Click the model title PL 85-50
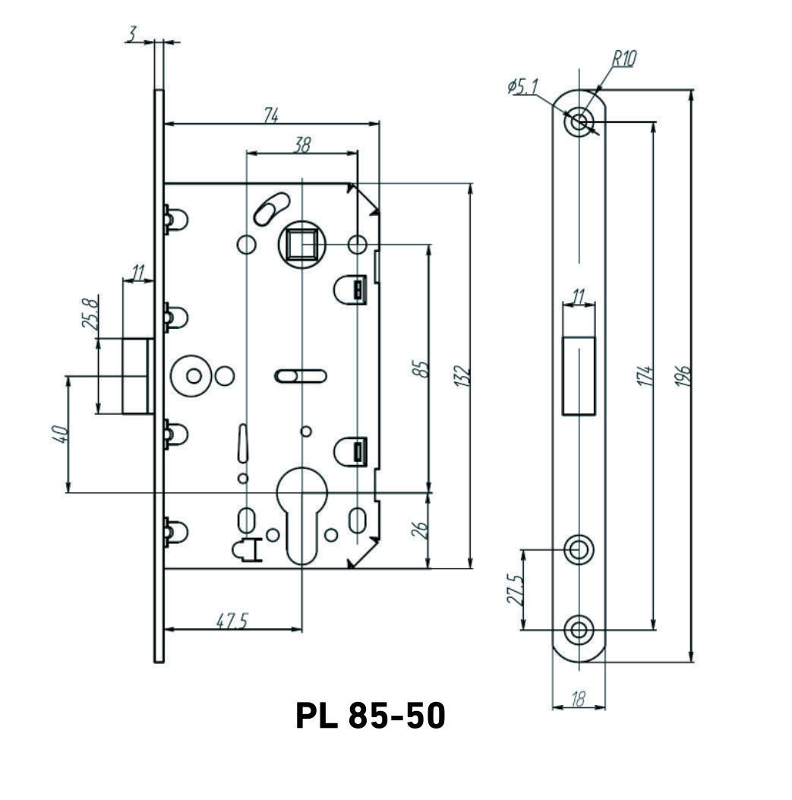point(370,716)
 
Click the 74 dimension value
point(271,115)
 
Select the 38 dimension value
point(302,145)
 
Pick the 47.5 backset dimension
point(232,621)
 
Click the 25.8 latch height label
point(90,312)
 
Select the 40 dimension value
point(62,435)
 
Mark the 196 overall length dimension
point(683,376)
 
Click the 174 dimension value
point(645,376)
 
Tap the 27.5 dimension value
point(516,589)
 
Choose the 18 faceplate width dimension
point(578,700)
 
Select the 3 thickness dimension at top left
point(132,34)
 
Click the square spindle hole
point(302,244)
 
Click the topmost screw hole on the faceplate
point(579,121)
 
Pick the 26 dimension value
point(423,530)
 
